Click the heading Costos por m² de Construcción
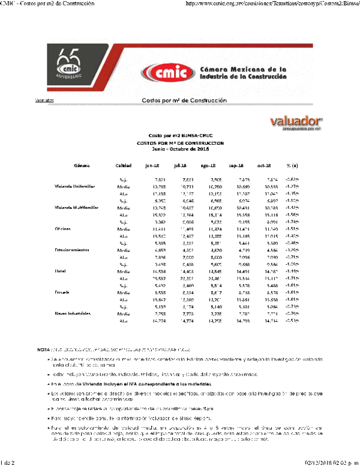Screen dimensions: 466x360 184,100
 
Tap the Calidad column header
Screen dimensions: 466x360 124,165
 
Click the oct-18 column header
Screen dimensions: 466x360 265,165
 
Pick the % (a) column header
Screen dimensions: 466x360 292,165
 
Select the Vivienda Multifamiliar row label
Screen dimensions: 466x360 76,208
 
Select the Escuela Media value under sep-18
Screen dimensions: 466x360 236,292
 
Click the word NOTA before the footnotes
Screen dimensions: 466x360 43,349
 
